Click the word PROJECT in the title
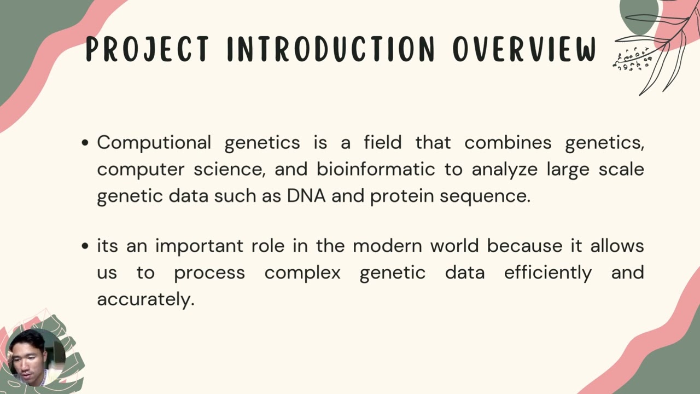tap(147, 49)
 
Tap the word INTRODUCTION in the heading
tap(331, 49)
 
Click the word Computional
tap(154, 143)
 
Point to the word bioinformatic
tap(376, 170)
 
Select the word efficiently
tap(547, 273)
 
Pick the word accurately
tap(145, 299)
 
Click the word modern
tap(388, 246)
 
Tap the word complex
tap(302, 273)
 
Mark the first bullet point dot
tap(85, 143)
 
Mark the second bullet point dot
tap(85, 246)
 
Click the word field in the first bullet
tap(382, 143)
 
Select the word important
tap(199, 246)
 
